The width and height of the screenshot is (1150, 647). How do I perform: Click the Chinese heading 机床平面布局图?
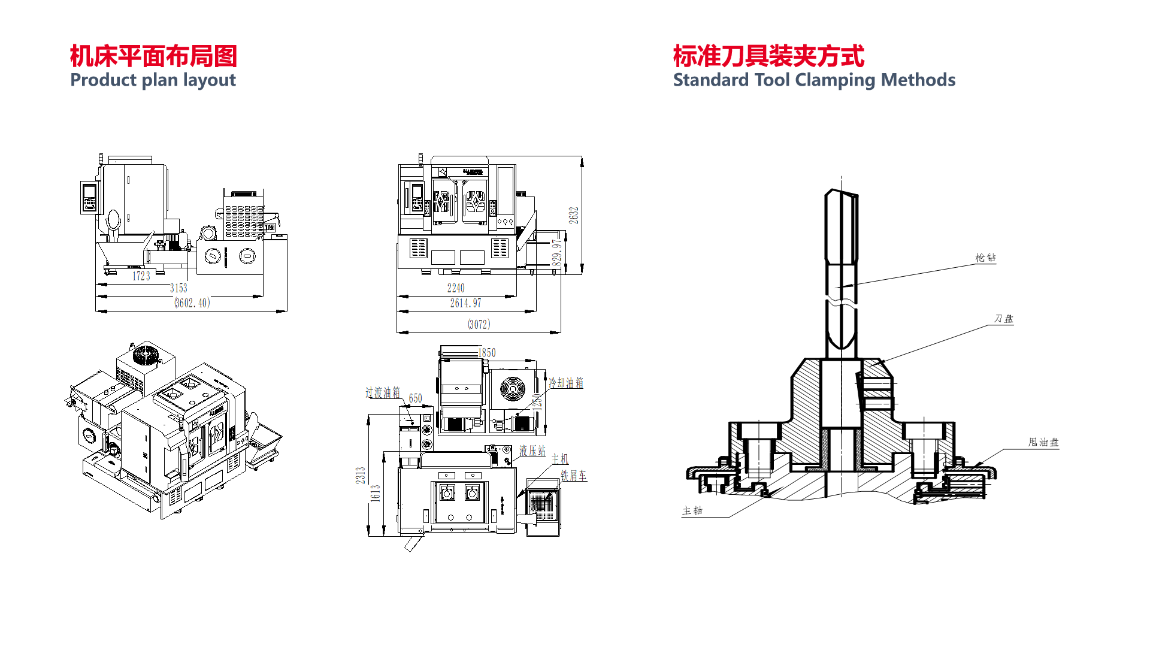click(x=153, y=56)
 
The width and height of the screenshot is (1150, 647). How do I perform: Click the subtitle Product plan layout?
click(x=153, y=80)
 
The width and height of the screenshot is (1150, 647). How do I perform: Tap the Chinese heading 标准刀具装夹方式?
click(x=768, y=56)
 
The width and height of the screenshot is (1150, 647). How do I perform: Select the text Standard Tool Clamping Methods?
click(x=814, y=80)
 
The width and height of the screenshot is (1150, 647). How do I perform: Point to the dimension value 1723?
click(x=141, y=276)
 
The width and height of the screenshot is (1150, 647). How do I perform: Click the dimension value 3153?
click(x=178, y=288)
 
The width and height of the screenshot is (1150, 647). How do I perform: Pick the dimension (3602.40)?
click(x=192, y=303)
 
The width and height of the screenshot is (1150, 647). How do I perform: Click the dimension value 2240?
click(x=456, y=288)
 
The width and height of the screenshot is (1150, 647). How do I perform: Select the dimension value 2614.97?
click(x=465, y=303)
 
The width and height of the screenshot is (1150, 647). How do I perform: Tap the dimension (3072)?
click(x=479, y=325)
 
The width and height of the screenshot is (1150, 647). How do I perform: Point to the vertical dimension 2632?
click(x=574, y=216)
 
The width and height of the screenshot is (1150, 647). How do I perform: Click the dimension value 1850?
click(x=486, y=353)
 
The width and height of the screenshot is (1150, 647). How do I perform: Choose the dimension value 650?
click(x=415, y=398)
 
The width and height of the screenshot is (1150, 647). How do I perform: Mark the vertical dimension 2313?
click(x=361, y=476)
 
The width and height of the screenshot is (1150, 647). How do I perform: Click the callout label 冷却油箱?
click(x=566, y=383)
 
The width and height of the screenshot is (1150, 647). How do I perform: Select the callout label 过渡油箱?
click(x=383, y=393)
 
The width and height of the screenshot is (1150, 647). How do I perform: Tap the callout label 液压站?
click(x=532, y=451)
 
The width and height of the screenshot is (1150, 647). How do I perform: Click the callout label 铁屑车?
click(x=573, y=476)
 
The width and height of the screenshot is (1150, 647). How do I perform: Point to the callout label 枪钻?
click(x=985, y=258)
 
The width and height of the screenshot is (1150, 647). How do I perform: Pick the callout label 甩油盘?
click(x=1043, y=442)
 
